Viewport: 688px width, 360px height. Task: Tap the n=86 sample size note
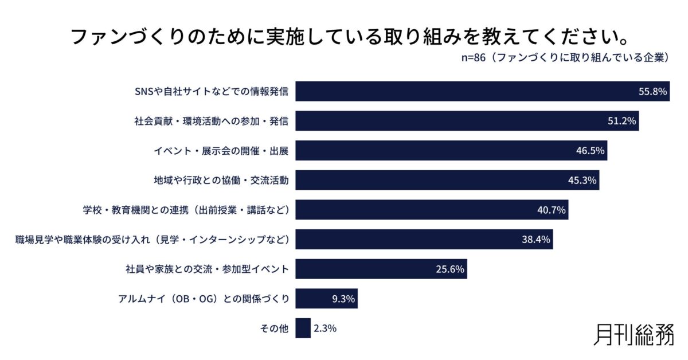coord(565,58)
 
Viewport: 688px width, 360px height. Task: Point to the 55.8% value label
coord(653,91)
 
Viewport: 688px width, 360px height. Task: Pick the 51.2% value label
coord(621,121)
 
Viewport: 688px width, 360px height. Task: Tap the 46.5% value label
coord(590,151)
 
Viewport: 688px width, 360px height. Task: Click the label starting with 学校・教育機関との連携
coord(185,210)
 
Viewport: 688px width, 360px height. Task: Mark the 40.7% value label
coord(551,210)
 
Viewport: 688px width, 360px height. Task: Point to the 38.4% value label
coord(535,240)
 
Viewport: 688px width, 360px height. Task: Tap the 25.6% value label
coord(449,269)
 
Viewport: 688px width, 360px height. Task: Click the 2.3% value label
coord(325,328)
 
